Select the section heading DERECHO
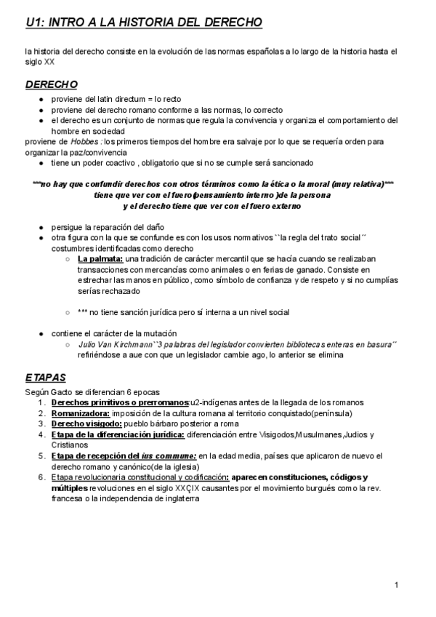[x=52, y=85]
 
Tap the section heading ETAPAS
[x=45, y=378]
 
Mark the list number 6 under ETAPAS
[x=42, y=477]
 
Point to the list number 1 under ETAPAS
[x=42, y=402]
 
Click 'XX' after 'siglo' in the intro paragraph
[x=49, y=63]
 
